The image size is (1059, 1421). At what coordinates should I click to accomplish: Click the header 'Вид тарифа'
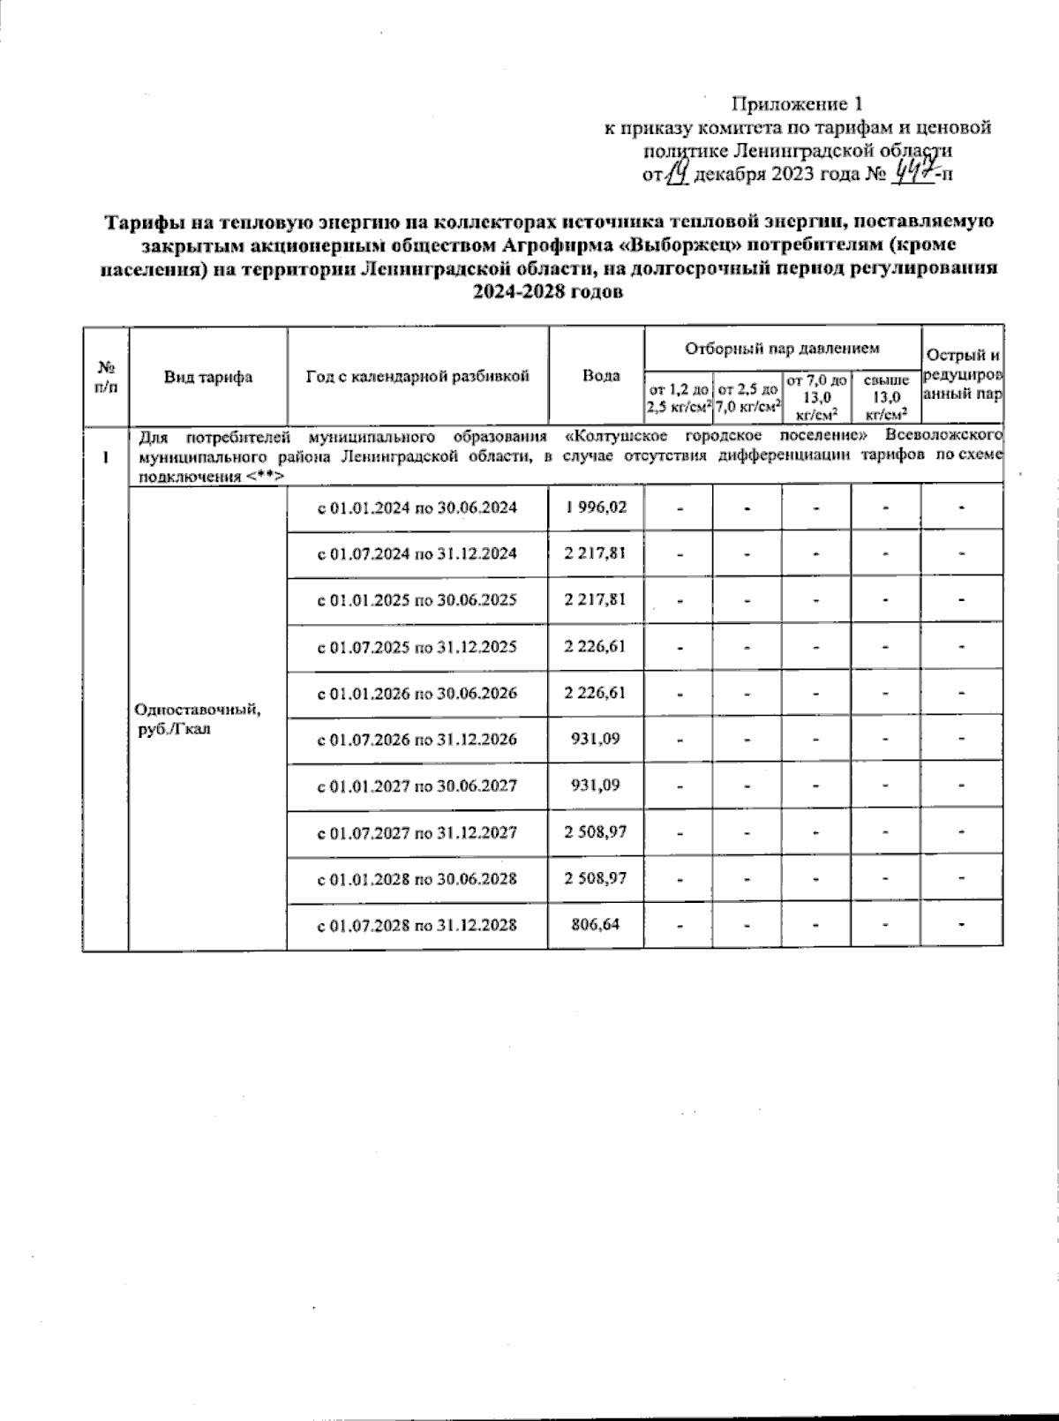pos(208,377)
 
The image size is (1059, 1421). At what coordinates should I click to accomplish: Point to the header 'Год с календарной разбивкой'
pos(417,376)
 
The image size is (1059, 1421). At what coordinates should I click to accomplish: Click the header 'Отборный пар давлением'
pos(783,349)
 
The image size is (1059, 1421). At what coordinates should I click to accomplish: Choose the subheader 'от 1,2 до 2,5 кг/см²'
pos(679,397)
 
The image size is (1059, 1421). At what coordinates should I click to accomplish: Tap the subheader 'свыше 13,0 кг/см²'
pos(886,396)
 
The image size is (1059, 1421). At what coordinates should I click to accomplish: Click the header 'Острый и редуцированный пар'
pos(962,375)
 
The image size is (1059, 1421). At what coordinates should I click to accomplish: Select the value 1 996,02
pos(596,507)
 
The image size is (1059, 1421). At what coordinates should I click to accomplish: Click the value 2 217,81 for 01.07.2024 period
pos(596,553)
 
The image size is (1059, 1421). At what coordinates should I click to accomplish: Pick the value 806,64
pos(596,925)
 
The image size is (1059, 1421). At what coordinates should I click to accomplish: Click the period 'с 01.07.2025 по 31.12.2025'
pos(417,647)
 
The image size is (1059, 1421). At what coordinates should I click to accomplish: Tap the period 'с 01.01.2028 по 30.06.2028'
pos(417,879)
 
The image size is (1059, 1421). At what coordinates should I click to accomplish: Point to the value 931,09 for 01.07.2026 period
pos(596,739)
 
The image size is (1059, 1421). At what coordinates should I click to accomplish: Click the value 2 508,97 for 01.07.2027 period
pos(596,832)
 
